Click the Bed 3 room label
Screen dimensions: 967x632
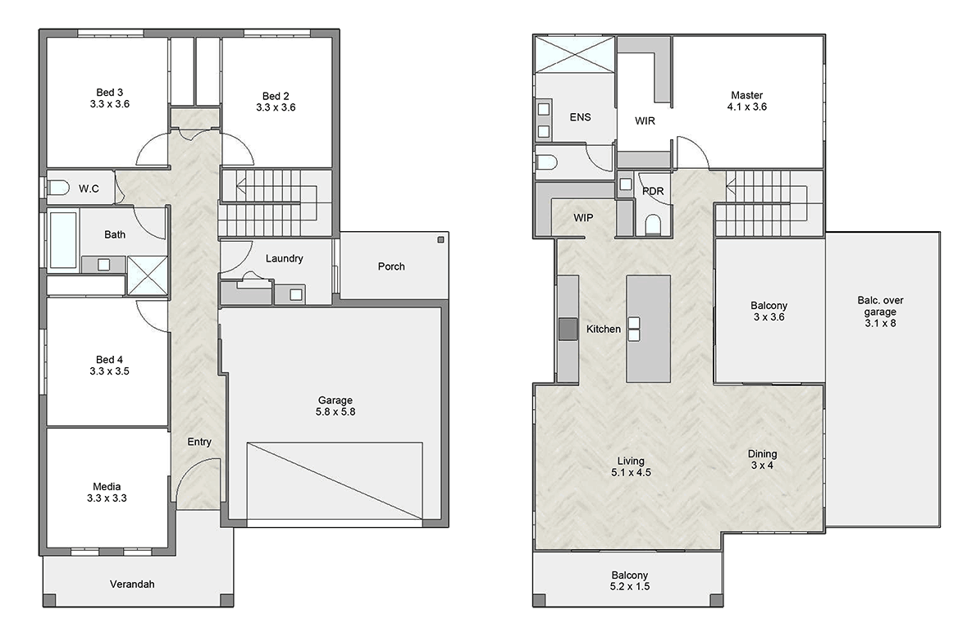point(110,98)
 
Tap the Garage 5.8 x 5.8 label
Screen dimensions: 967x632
point(335,406)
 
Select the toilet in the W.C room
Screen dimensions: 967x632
point(58,188)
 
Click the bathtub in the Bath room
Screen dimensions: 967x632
point(63,240)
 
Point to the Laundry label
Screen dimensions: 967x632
point(285,258)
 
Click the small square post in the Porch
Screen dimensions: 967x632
point(441,240)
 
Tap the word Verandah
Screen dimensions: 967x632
point(132,584)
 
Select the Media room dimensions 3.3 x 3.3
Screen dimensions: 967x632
point(107,498)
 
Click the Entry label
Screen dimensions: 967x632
point(199,442)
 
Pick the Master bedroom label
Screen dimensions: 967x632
point(747,101)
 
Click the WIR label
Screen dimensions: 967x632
point(645,120)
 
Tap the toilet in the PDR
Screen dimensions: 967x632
point(653,225)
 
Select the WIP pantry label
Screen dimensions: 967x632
point(583,218)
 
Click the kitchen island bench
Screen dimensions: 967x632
point(648,329)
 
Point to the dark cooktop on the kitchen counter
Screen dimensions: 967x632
point(568,329)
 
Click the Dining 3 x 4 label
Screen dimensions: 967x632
point(762,459)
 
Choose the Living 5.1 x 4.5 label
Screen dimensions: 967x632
point(631,466)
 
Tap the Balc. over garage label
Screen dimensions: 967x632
point(880,311)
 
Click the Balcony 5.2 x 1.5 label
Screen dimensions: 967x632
point(630,581)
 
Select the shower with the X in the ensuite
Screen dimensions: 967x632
point(575,56)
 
